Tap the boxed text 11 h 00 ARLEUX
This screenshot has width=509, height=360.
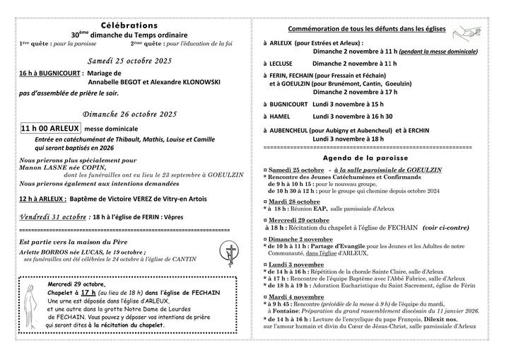click(50, 129)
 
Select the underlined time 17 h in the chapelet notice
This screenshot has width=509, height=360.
click(88, 291)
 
